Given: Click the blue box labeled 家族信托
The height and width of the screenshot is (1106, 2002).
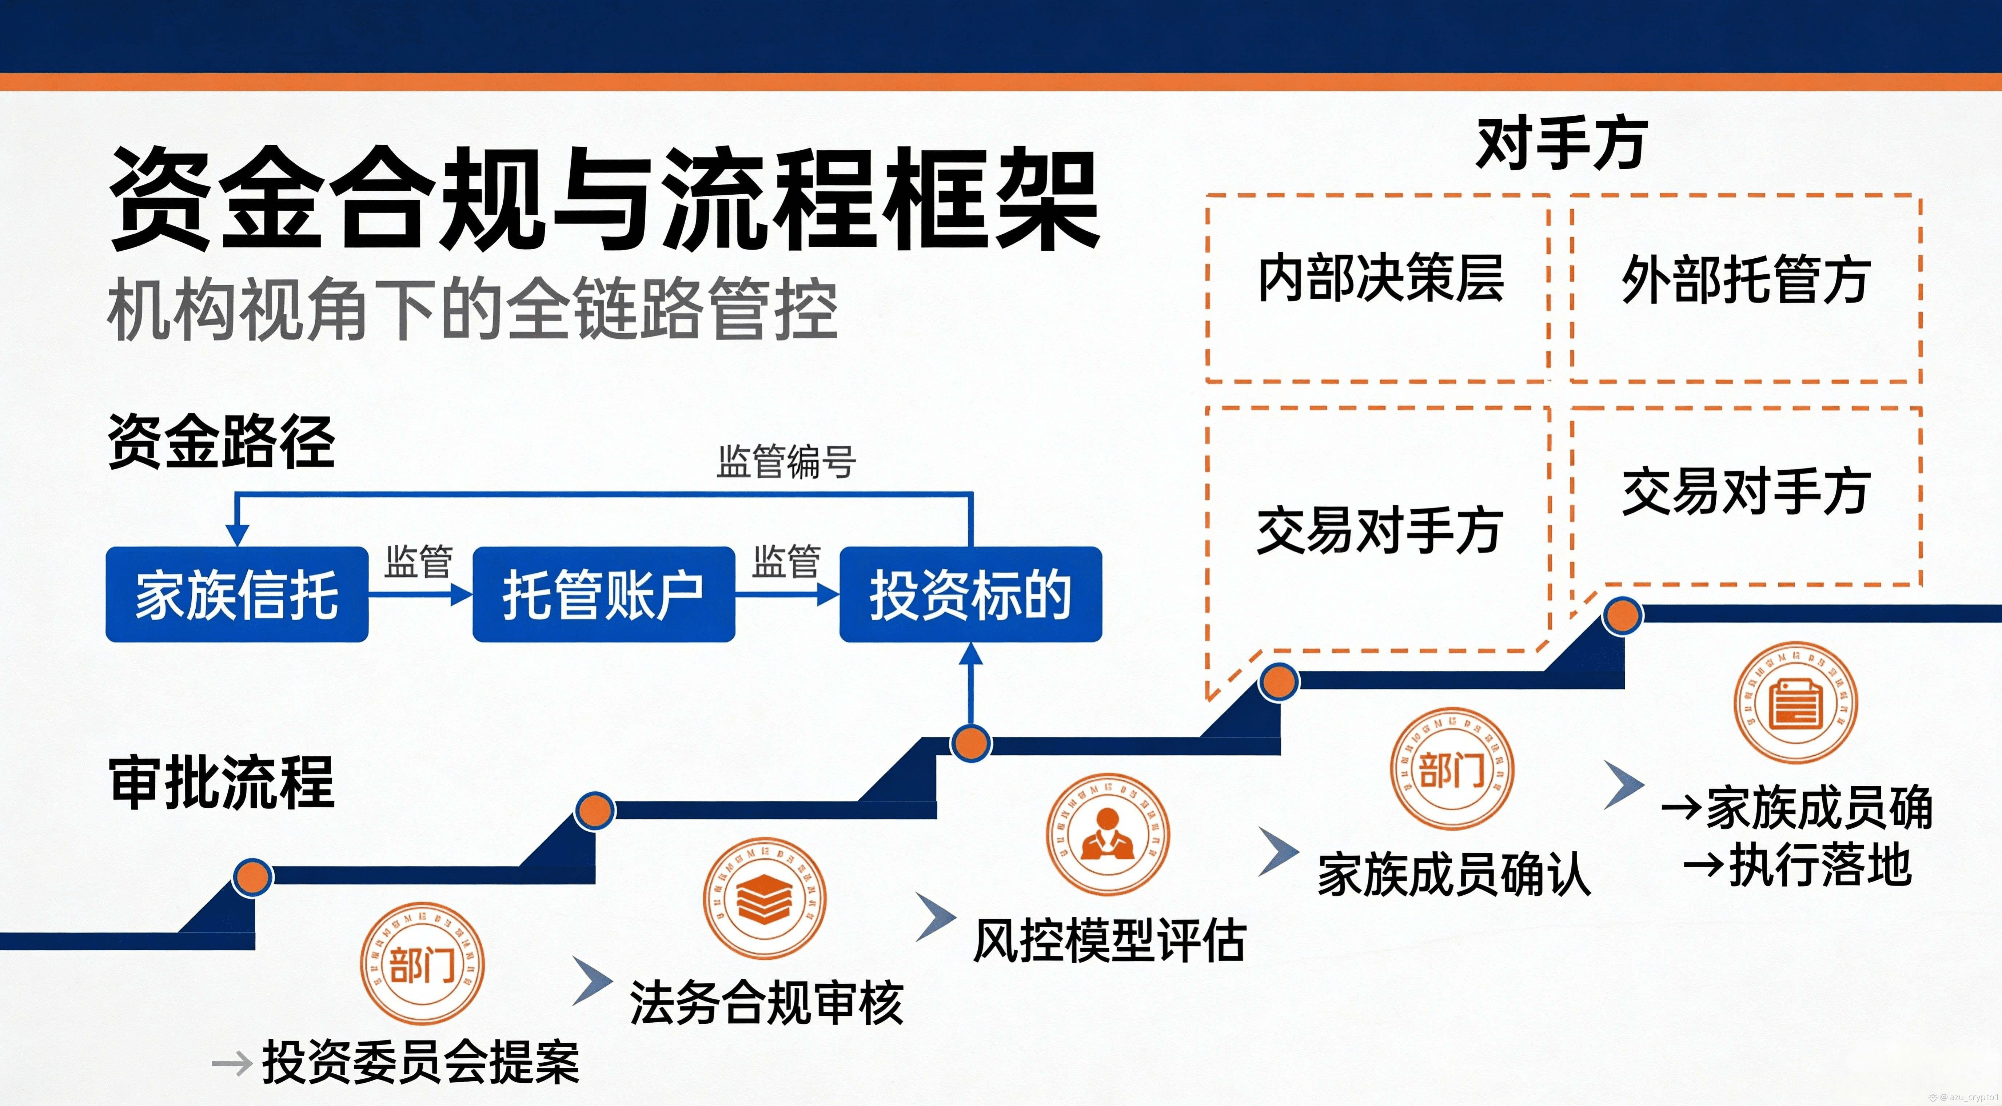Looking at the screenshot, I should click(236, 594).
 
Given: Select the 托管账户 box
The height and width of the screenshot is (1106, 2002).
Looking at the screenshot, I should click(603, 594).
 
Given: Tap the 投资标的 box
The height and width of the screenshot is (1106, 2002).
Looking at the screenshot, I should click(971, 594).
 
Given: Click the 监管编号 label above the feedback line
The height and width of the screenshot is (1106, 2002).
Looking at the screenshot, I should click(786, 462).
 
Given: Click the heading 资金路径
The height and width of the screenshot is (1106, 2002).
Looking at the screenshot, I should click(222, 441).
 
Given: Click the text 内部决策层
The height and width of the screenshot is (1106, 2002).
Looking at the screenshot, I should click(1380, 278).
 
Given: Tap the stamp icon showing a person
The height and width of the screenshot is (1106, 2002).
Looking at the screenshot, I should click(1108, 834).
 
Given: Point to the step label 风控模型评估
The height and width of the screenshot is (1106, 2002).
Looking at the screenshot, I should click(1109, 940).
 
